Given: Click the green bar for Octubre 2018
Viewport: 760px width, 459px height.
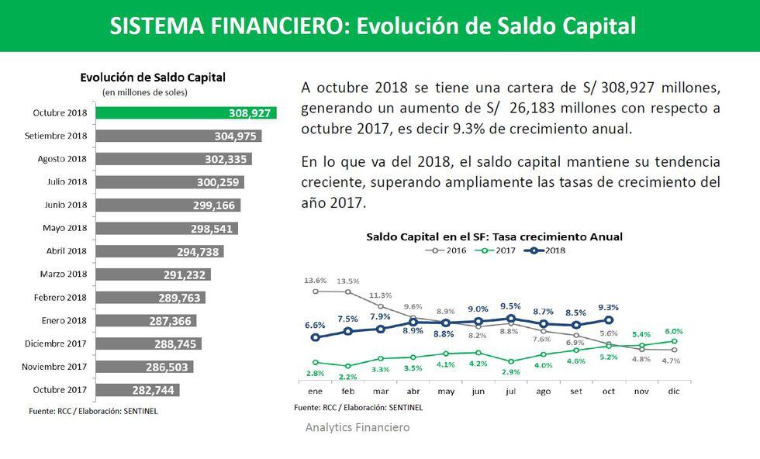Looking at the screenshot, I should (185, 113).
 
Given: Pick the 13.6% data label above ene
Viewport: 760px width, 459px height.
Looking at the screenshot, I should (315, 280).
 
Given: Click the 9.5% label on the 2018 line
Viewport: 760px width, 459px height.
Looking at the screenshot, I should (510, 306).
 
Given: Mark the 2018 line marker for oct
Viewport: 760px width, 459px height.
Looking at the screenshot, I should (609, 319).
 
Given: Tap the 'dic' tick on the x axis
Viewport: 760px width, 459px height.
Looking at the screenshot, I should (674, 392).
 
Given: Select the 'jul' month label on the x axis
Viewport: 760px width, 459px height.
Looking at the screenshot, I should (510, 392).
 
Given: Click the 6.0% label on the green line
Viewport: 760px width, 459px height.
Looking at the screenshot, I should (672, 330).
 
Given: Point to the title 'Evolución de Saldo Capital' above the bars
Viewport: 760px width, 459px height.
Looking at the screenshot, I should (153, 78).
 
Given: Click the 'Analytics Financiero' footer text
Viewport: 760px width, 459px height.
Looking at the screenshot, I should (358, 427).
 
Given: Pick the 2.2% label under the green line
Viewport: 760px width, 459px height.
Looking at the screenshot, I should (347, 377).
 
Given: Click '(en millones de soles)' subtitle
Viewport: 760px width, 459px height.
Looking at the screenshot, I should (145, 92).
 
